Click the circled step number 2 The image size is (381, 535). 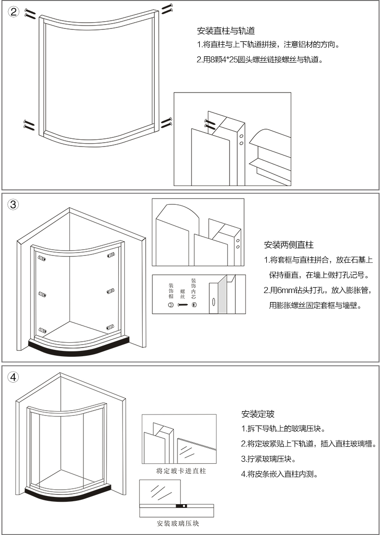coord(14,13)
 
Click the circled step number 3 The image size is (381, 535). coord(14,204)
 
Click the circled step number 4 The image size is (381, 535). coord(14,377)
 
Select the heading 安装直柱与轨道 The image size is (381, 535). coord(219,31)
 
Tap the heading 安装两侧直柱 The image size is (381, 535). coord(289,245)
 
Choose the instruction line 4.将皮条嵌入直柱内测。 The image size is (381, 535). coord(279,474)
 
